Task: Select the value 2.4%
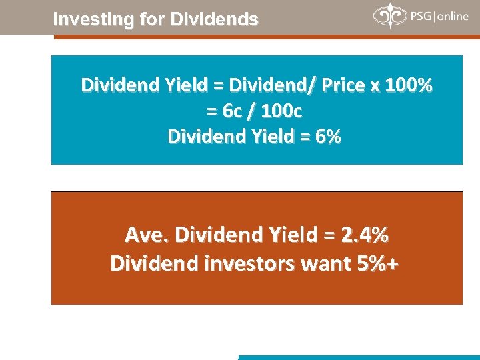point(365,235)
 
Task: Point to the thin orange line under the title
point(267,37)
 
